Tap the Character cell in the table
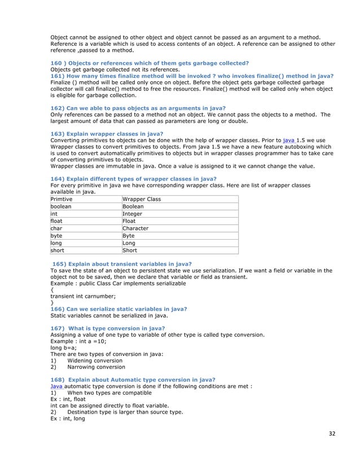click(135, 228)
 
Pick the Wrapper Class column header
click(142, 199)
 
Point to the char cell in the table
click(56, 228)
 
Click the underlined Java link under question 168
click(57, 386)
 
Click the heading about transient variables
click(122, 263)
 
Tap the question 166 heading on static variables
click(118, 309)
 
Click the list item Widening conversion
click(94, 361)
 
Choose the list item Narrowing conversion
click(96, 367)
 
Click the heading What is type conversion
click(108, 328)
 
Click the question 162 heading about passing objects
click(138, 108)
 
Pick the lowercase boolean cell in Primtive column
click(60, 206)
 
